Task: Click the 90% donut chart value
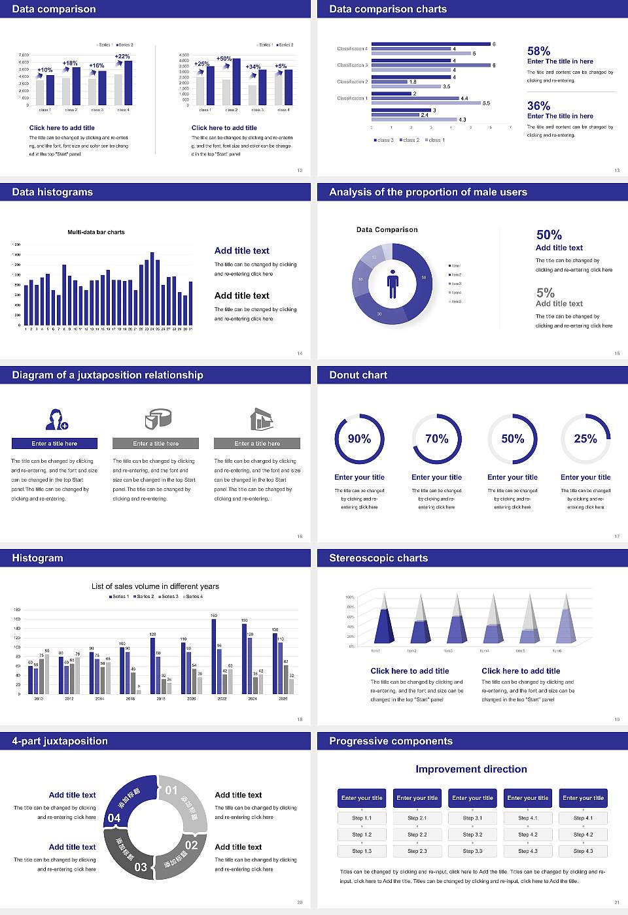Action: coord(359,439)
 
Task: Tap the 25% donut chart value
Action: coord(585,439)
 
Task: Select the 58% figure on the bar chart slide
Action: coord(538,51)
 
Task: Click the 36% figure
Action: coord(538,106)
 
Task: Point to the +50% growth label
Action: coord(224,59)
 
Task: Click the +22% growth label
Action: coord(122,57)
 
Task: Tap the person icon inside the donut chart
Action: coord(392,284)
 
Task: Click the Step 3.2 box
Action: coord(472,835)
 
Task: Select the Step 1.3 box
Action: coord(362,851)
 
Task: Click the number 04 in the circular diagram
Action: coord(114,818)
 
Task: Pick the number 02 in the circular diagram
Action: coord(191,845)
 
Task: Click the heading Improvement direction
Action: coord(471,769)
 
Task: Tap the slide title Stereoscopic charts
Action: coord(378,558)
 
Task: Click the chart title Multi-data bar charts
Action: coord(96,232)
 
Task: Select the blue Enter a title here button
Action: coord(55,444)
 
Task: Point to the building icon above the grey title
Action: coord(261,419)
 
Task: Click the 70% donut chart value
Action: coord(437,439)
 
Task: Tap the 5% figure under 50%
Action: coord(545,293)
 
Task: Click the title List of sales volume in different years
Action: coord(155,586)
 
